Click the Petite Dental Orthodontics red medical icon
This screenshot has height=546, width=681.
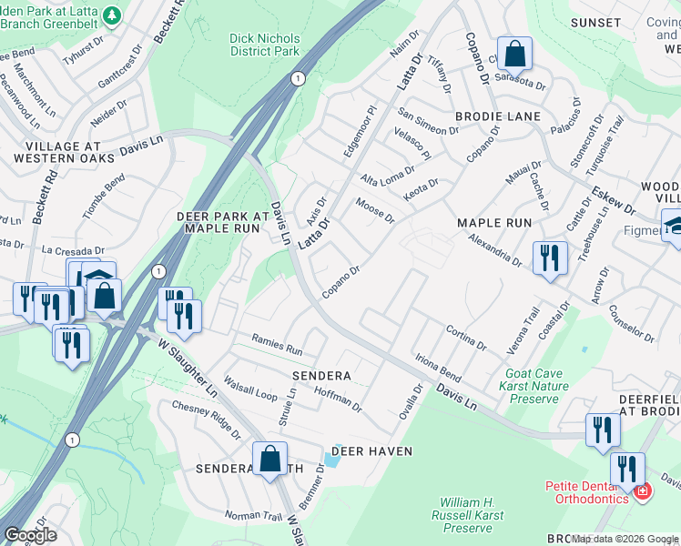pos(643,492)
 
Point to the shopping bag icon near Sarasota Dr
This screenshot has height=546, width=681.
pos(514,55)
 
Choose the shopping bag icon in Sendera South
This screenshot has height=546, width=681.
pos(269,460)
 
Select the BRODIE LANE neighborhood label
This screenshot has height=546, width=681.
pos(497,116)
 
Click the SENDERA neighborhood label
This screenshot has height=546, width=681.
pos(320,375)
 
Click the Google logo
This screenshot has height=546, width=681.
pos(30,534)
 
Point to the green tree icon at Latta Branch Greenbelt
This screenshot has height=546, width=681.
pos(112,15)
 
